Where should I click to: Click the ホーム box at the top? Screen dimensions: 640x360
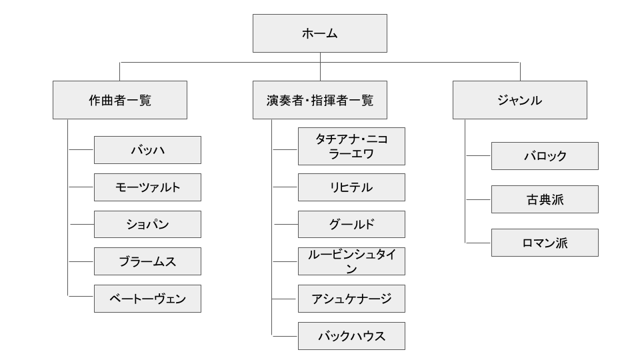[x=320, y=33]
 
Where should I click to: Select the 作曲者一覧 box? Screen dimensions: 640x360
[x=120, y=100]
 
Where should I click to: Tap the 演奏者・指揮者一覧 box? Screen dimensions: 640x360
[x=320, y=100]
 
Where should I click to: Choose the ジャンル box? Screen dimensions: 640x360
[x=520, y=100]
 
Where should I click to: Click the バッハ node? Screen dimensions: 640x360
[x=148, y=150]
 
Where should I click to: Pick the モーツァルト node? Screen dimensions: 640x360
[x=148, y=187]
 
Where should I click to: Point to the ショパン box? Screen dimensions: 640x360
[x=148, y=225]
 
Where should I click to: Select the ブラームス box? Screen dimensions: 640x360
[x=148, y=261]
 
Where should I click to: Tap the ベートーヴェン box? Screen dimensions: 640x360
[x=148, y=299]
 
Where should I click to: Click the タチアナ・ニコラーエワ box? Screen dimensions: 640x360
[x=352, y=147]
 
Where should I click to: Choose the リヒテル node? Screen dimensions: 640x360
[x=352, y=187]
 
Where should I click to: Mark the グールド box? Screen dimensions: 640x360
[x=352, y=225]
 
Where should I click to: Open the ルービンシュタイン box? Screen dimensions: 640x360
[x=352, y=261]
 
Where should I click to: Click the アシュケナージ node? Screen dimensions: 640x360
[x=352, y=299]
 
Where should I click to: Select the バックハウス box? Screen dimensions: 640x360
[x=352, y=336]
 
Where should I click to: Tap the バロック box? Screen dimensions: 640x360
[x=545, y=156]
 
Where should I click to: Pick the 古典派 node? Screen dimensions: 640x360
[x=545, y=199]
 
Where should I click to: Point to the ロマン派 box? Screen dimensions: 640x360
[x=545, y=243]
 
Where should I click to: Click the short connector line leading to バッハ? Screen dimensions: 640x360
[x=81, y=150]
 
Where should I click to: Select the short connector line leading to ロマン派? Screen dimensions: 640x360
[x=478, y=243]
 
